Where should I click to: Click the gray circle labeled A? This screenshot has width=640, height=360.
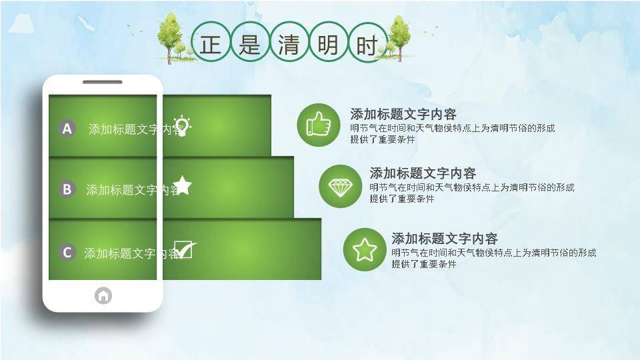[x=67, y=128]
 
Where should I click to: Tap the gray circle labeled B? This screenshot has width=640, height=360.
[x=67, y=189]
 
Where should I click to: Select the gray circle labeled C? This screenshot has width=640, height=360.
[x=67, y=252]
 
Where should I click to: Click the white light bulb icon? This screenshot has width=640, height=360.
[x=182, y=126]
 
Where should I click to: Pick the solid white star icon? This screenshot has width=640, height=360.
[x=182, y=185]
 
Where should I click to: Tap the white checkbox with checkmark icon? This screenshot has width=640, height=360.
[x=185, y=249]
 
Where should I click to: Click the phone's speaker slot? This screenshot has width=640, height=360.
[x=103, y=82]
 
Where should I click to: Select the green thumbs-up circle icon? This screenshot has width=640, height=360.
[x=319, y=125]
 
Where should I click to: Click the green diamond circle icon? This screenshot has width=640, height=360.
[x=341, y=186]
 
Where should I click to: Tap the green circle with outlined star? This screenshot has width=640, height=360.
[x=365, y=249]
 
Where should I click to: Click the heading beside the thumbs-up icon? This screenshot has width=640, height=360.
[x=403, y=114]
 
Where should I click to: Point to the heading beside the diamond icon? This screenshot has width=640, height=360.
[x=423, y=173]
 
